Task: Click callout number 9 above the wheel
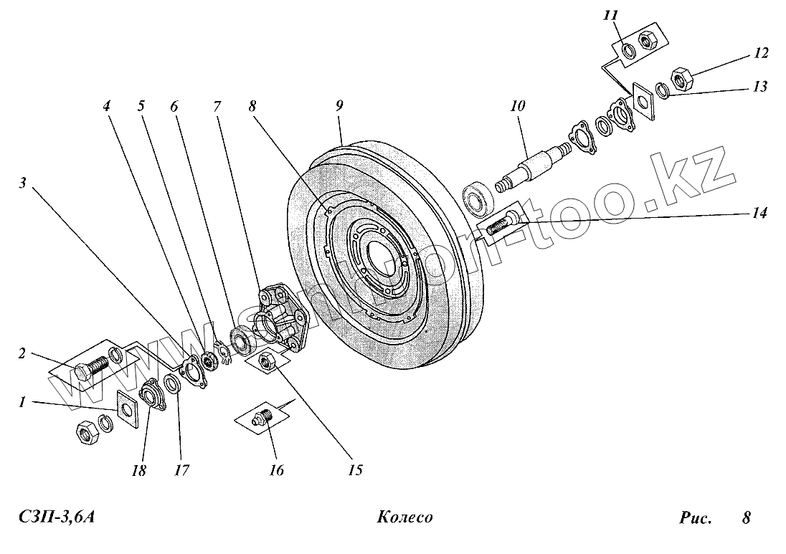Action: click(339, 105)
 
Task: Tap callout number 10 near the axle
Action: click(517, 107)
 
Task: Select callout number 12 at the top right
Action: click(761, 53)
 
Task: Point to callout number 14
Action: click(759, 213)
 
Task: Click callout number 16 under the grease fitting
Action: click(276, 470)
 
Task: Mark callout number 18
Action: click(138, 470)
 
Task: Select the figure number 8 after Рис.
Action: click(746, 517)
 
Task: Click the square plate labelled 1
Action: click(127, 409)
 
